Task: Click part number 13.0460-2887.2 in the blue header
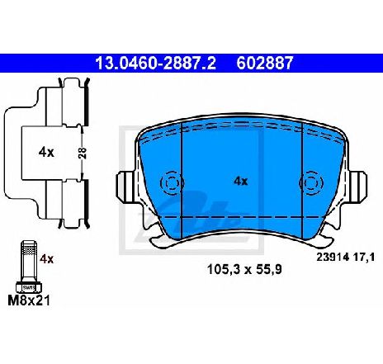point(155,63)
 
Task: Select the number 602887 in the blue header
point(265,63)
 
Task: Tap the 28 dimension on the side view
point(83,154)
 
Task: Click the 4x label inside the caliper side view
point(46,152)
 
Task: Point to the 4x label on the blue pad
point(241,181)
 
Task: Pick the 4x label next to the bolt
point(47,259)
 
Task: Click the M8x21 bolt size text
point(29,300)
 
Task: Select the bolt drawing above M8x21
point(29,267)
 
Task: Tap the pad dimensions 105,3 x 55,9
point(244,269)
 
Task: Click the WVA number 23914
point(333,258)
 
